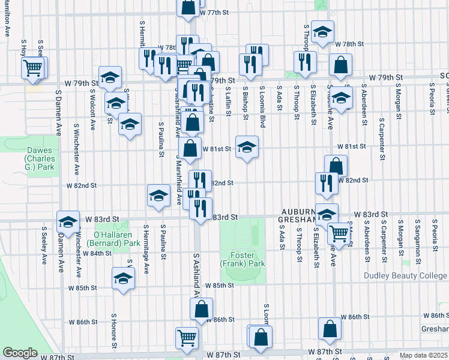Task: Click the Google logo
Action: [x=20, y=353]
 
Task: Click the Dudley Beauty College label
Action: [x=406, y=276]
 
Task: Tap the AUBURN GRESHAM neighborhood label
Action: [x=299, y=216]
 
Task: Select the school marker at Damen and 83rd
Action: [x=68, y=221]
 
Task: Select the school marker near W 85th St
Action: [x=124, y=278]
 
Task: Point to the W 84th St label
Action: [x=97, y=253]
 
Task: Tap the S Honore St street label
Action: [x=113, y=329]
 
